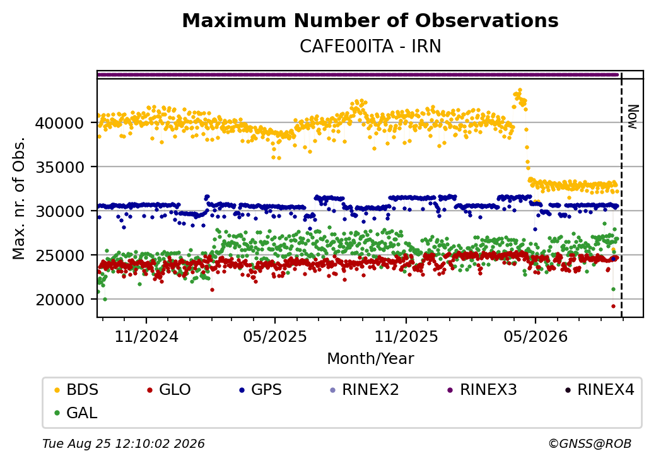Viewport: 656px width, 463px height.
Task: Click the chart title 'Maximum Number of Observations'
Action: (370, 20)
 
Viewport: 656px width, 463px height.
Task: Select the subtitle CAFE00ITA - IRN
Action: (370, 47)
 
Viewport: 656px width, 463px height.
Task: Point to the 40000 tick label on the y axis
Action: (60, 123)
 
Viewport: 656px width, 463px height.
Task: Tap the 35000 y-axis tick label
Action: (60, 167)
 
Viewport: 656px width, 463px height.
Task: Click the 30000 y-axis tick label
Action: (60, 211)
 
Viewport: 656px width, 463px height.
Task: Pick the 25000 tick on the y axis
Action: (60, 255)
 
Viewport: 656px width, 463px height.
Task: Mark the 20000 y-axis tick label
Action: (60, 300)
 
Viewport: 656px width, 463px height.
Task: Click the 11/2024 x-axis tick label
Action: (146, 336)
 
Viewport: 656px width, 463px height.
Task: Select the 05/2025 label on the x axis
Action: (275, 336)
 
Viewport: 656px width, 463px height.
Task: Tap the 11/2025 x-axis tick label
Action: (406, 336)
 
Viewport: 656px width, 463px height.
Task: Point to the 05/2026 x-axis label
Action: (536, 336)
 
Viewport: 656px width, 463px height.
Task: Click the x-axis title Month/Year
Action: (370, 359)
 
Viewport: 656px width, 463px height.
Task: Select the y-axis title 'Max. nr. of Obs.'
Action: (19, 198)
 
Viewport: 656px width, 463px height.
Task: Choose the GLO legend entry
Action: (169, 390)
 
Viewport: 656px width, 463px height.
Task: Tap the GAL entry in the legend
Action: (76, 413)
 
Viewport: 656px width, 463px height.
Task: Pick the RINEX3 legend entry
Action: (482, 390)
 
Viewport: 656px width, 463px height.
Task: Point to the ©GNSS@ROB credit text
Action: (590, 443)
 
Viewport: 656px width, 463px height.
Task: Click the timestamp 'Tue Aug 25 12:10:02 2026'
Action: (124, 443)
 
